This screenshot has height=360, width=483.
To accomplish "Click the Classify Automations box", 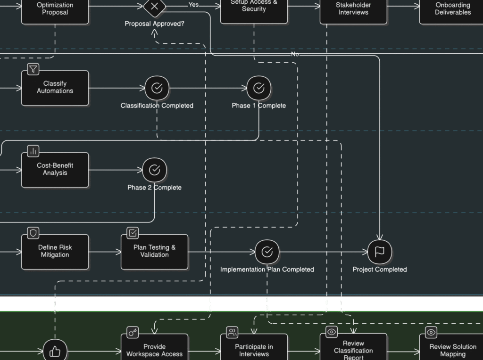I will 55,88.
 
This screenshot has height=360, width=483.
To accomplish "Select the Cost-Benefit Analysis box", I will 55,170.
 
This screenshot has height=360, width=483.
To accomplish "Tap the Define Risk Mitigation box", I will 55,252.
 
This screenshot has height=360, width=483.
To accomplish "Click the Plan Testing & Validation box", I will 154,252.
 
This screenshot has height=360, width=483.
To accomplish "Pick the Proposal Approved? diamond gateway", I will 154,7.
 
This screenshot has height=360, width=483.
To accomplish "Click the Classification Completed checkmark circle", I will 157,88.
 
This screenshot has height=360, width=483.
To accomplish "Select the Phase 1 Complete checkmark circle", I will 258,88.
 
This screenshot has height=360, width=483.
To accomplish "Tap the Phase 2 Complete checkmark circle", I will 154,170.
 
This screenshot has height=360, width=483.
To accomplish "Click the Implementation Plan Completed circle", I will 267,252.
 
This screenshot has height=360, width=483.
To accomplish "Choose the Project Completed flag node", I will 379,252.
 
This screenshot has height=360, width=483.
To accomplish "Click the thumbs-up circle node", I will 55,351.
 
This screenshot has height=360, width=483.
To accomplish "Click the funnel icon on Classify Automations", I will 33,69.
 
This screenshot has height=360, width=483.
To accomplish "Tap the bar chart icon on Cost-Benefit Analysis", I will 33,151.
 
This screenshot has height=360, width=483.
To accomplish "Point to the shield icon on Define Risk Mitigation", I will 33,233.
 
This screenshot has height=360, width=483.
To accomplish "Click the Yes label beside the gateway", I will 193,5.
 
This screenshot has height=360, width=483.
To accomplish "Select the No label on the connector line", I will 295,54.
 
